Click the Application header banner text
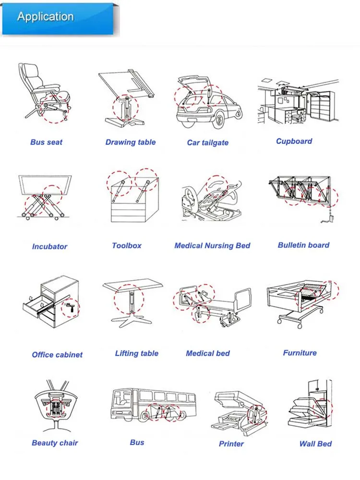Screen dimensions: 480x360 point(45,17)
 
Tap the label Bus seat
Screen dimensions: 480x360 point(46,142)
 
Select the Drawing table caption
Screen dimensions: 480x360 point(131,142)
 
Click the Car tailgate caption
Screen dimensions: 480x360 point(207,143)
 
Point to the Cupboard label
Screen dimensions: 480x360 point(294,141)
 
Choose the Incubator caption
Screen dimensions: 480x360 point(49,246)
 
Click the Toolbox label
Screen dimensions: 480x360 point(127,245)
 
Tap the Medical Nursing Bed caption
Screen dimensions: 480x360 point(212,245)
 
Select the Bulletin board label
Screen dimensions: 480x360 point(303,245)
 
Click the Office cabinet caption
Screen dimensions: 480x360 point(57,355)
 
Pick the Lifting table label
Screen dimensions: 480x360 point(136,353)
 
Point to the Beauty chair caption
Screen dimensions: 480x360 point(55,443)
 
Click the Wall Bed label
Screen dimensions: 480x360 point(315,444)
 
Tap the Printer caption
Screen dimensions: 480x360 point(231,444)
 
